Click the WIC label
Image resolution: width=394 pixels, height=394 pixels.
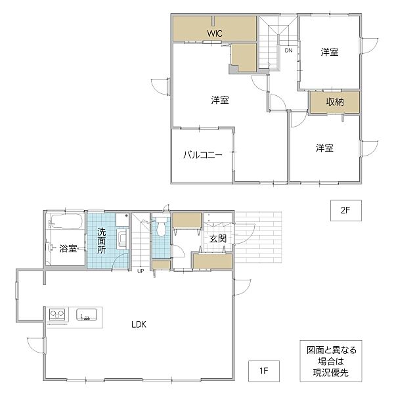click(x=215, y=33)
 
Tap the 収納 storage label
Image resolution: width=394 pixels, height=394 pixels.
click(x=335, y=102)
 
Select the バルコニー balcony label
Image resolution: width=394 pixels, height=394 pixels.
click(x=202, y=154)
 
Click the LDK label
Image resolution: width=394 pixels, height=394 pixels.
click(x=139, y=324)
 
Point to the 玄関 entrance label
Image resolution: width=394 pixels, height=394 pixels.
click(x=218, y=239)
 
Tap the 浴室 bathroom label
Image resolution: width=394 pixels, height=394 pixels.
click(x=68, y=248)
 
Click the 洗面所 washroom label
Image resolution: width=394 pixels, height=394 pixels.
click(x=101, y=241)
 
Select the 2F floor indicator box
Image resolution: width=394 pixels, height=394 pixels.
click(x=346, y=211)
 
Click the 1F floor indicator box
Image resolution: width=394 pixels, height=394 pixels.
click(x=264, y=370)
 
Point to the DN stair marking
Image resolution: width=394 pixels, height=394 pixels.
click(x=288, y=51)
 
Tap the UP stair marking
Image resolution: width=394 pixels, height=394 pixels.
click(x=141, y=271)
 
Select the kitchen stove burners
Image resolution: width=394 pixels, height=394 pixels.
click(x=58, y=315)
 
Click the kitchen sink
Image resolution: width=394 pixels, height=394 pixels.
click(x=87, y=315)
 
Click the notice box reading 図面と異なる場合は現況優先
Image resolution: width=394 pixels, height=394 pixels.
click(x=331, y=361)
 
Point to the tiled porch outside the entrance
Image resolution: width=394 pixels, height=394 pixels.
click(x=258, y=238)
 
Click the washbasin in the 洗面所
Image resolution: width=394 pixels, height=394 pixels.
click(x=123, y=239)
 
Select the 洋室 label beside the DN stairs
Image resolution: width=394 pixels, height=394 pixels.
click(x=330, y=52)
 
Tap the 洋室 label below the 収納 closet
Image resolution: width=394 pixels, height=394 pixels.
click(x=324, y=148)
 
